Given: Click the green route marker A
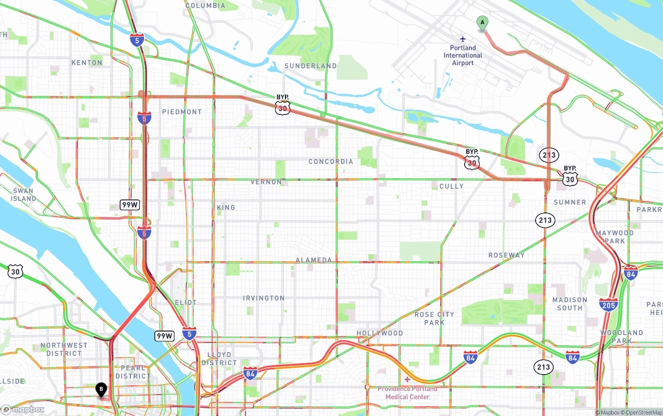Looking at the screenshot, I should pos(482,23).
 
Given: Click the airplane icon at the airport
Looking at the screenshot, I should pos(463,39).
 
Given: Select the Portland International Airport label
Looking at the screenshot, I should pos(463,55).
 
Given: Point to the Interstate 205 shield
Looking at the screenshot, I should pos(608,305).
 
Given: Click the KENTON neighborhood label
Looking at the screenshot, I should pos(87,63).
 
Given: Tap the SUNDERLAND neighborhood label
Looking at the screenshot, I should pos(310,66).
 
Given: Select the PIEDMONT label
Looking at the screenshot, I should pos(182,112).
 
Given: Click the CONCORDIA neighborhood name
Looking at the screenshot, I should pos(330,162).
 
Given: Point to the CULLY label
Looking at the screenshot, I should pos(451,186).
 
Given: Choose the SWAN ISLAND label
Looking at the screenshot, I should pos(23,195).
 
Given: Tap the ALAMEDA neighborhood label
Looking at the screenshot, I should pos(313,260).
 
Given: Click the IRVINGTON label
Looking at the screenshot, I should pos(264,298).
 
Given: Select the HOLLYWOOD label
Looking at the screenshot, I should pos(380,333).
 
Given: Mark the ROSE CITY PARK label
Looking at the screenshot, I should pos(434,318).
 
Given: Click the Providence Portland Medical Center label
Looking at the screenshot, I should pos(407,393).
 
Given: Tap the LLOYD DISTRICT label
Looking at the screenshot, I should pos(219,358).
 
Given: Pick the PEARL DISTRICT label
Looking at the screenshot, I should pos(133,372).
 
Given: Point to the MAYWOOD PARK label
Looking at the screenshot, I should pos(614,237).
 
